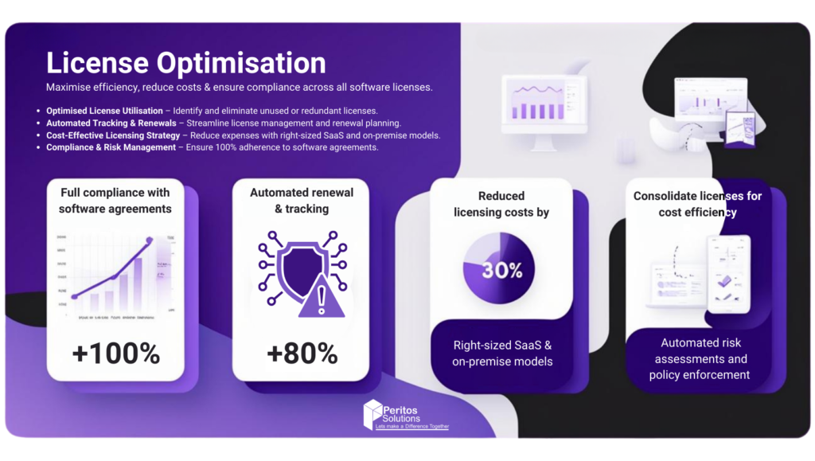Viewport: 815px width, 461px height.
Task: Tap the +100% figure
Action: pyautogui.click(x=115, y=353)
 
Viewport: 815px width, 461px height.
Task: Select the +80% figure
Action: pyautogui.click(x=302, y=353)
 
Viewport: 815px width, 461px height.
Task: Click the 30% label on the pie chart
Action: pyautogui.click(x=502, y=270)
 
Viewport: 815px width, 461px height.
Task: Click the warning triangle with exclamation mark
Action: pyautogui.click(x=321, y=299)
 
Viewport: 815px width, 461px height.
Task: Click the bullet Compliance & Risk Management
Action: pyautogui.click(x=111, y=147)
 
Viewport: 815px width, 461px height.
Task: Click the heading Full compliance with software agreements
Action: pyautogui.click(x=115, y=201)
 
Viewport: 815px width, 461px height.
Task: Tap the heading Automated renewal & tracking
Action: pyautogui.click(x=301, y=201)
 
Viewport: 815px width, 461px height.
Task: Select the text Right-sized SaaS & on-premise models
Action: pyautogui.click(x=502, y=354)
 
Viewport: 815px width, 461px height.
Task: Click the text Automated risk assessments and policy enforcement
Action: pyautogui.click(x=704, y=358)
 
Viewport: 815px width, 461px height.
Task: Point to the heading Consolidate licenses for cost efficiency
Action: pyautogui.click(x=697, y=204)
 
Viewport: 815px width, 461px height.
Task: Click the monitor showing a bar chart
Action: pyautogui.click(x=544, y=104)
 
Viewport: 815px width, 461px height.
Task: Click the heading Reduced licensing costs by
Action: pyautogui.click(x=501, y=204)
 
